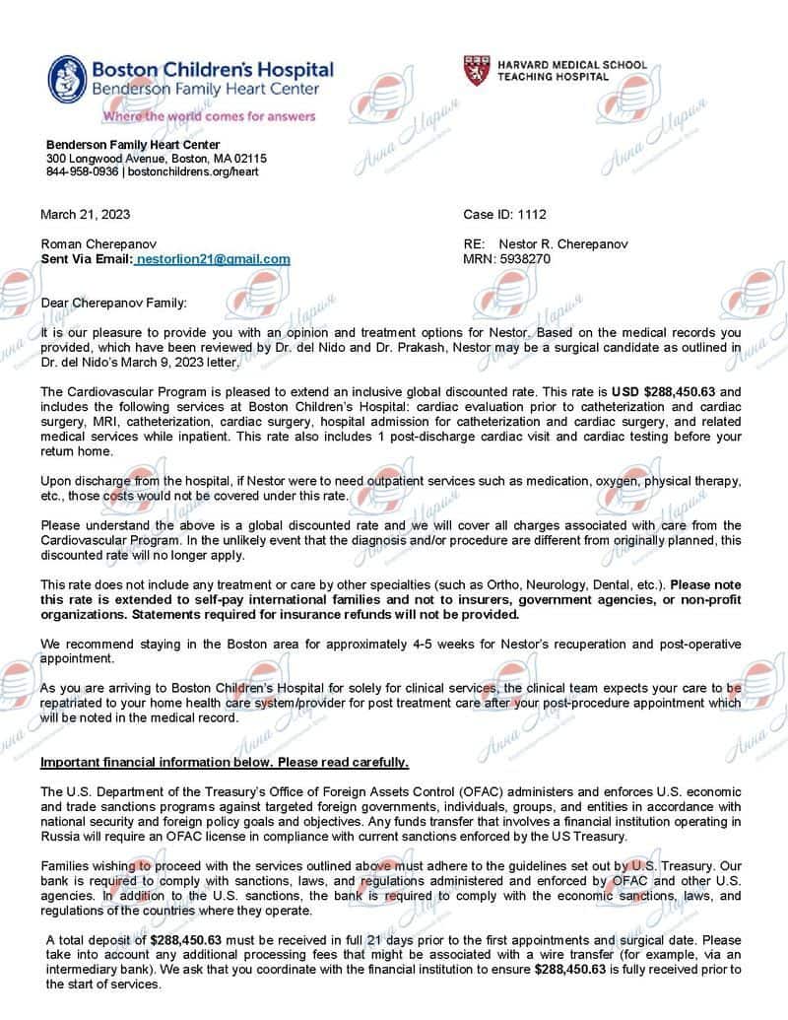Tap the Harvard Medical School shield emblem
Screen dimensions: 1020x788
coord(476,70)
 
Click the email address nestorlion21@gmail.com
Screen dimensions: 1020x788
coord(213,259)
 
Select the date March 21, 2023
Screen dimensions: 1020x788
coord(85,215)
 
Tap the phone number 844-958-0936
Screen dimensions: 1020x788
coord(83,171)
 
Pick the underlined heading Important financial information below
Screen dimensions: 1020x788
coord(224,763)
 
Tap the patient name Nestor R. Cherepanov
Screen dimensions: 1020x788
coord(562,243)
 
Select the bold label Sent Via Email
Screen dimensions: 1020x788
coord(85,259)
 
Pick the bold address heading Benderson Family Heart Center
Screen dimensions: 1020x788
coord(133,145)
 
